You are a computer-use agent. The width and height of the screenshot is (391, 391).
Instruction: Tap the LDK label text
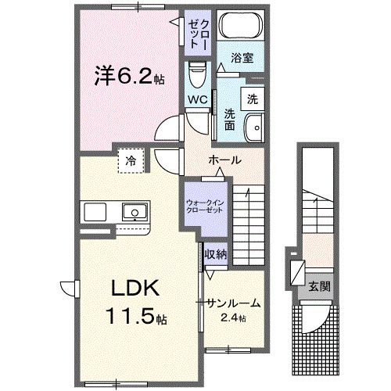(131, 289)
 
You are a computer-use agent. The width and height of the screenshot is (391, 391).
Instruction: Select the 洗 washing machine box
(252, 99)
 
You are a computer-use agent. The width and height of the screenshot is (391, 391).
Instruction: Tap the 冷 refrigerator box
(131, 160)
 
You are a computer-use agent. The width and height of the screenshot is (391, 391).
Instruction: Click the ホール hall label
(224, 160)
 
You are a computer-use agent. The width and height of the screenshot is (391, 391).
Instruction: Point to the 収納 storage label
(217, 253)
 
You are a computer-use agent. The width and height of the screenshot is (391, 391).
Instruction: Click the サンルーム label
(234, 303)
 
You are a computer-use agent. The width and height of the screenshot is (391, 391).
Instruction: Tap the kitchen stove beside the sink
(95, 211)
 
